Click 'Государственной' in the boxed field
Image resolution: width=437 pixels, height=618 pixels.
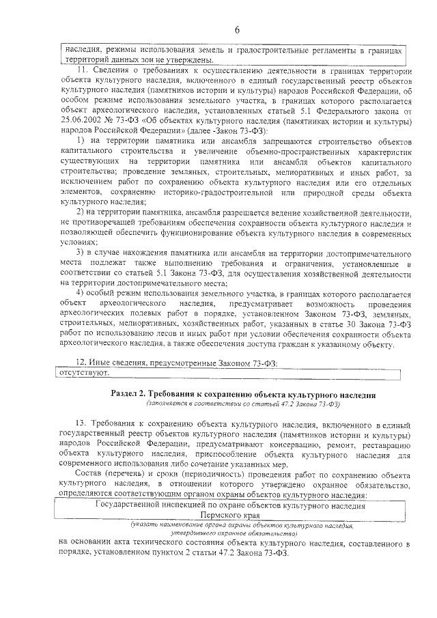129,506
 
